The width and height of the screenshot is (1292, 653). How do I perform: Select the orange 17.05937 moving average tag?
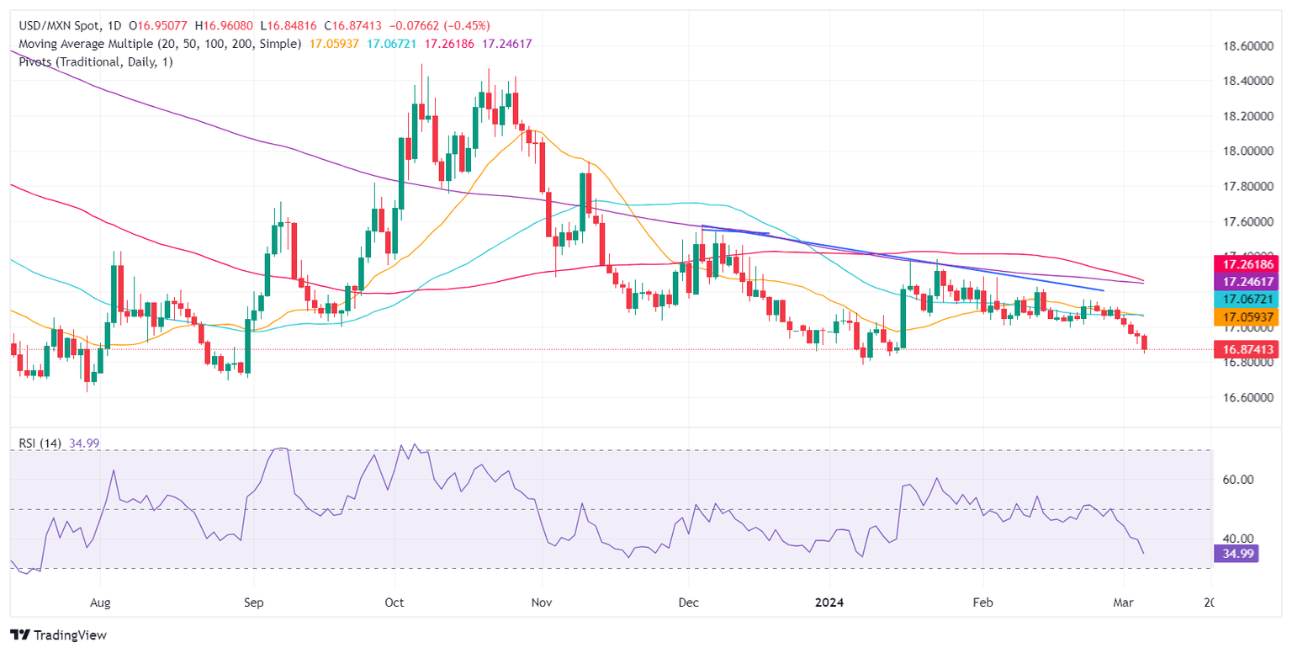click(x=1244, y=317)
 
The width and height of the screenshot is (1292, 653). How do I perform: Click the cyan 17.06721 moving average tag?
click(x=1244, y=300)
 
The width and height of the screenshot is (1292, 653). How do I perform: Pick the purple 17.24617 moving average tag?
click(x=1244, y=282)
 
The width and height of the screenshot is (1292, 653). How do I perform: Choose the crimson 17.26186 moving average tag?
click(x=1244, y=263)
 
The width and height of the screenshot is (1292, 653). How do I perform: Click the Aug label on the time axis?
click(x=100, y=603)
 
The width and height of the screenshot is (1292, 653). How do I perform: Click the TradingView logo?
click(x=58, y=635)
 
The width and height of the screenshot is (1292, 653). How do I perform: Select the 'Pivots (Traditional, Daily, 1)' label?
click(x=92, y=61)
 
